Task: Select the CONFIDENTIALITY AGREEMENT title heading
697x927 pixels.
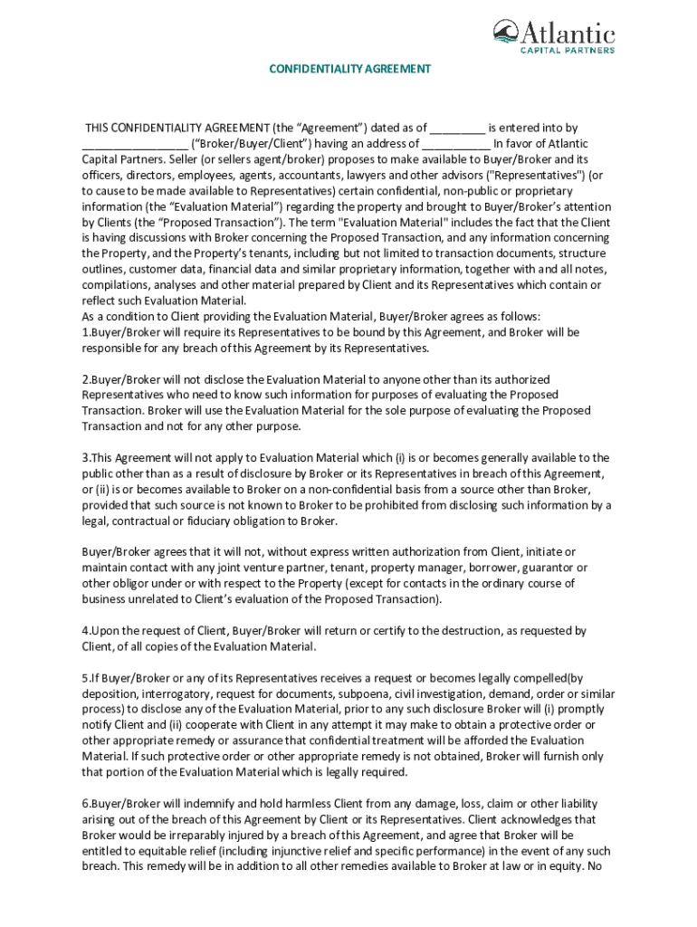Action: pos(348,69)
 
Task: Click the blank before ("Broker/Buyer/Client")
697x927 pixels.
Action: pos(135,144)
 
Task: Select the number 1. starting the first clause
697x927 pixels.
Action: pos(86,332)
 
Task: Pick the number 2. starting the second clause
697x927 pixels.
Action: pos(86,379)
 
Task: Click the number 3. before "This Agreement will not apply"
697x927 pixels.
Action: pos(86,458)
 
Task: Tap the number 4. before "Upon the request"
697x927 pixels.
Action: pos(86,630)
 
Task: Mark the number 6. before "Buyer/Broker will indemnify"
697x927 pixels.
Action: pos(86,804)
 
